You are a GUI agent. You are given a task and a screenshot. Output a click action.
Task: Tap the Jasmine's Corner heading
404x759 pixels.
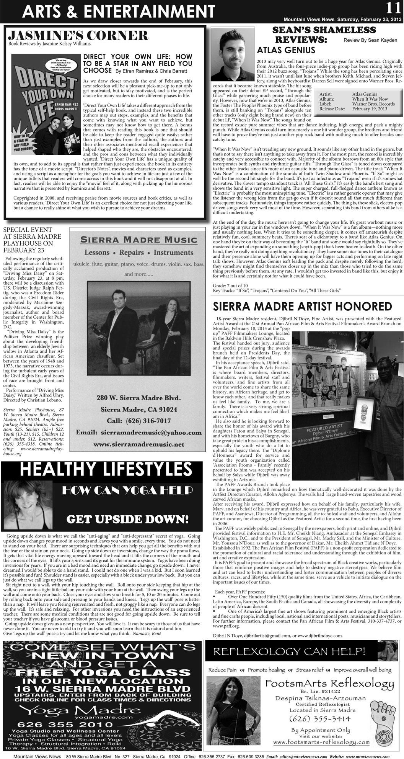tap(78, 36)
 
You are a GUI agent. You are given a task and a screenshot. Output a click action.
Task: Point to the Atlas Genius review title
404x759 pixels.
tap(286, 50)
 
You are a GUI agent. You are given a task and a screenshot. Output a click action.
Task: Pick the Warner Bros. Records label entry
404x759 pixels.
tap(373, 104)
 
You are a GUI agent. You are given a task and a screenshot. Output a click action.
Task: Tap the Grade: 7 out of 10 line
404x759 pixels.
tap(230, 285)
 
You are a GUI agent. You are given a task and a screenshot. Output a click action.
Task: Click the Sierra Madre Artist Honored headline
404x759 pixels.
tap(302, 307)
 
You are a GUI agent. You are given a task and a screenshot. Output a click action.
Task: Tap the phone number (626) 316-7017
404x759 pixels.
tap(136, 420)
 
